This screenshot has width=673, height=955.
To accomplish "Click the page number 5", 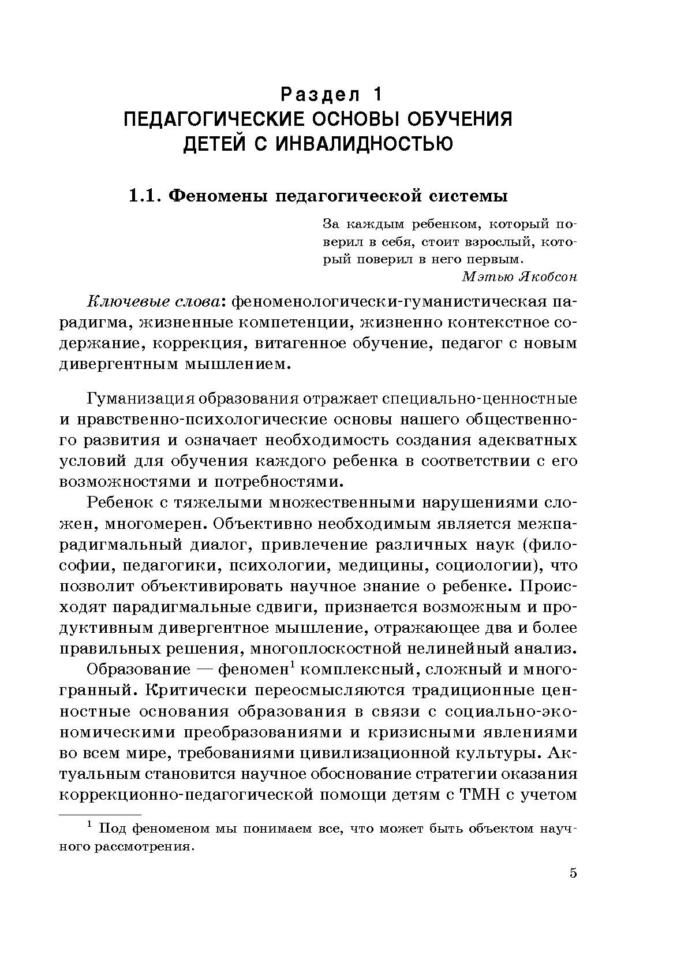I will tap(573, 889).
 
